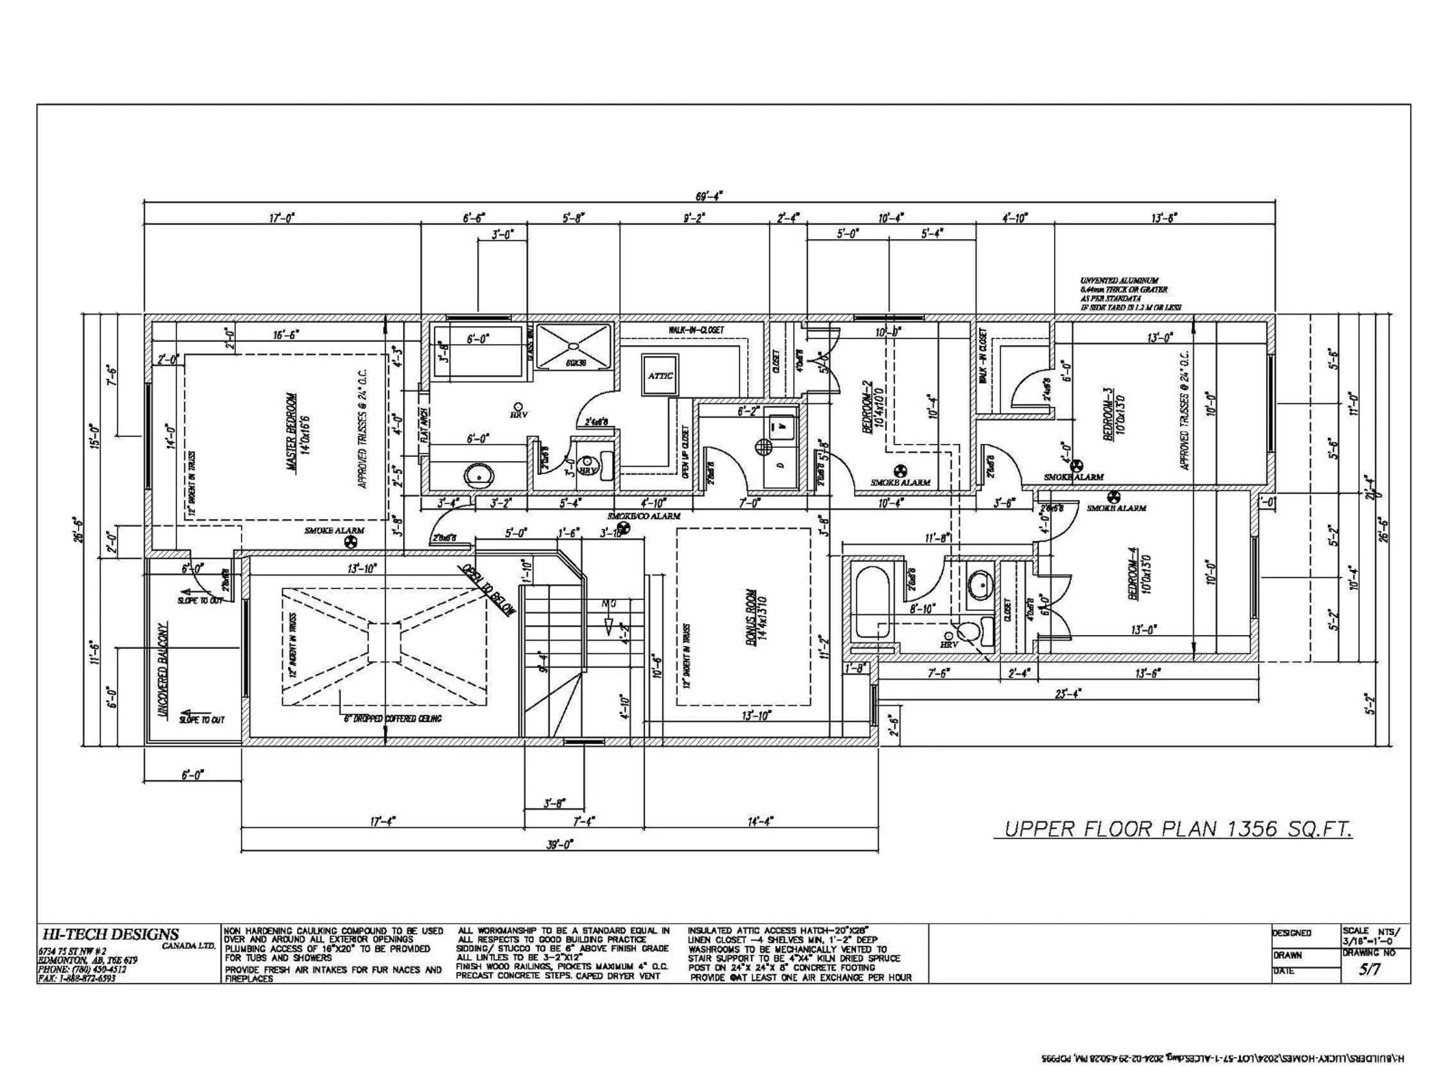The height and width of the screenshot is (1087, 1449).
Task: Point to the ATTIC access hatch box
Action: (660, 376)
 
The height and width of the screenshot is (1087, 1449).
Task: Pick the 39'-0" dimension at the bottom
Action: (560, 845)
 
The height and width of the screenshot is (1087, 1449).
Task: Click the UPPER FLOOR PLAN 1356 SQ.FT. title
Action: (1172, 830)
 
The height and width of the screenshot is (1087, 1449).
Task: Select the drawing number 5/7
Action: (1371, 970)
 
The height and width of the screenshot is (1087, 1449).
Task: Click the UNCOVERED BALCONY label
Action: (164, 671)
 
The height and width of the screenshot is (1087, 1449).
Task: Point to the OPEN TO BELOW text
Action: (488, 590)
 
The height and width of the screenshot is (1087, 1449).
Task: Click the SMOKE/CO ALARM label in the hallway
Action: (644, 516)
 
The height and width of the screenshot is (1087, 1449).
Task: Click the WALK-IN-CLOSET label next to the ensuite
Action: (696, 330)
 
